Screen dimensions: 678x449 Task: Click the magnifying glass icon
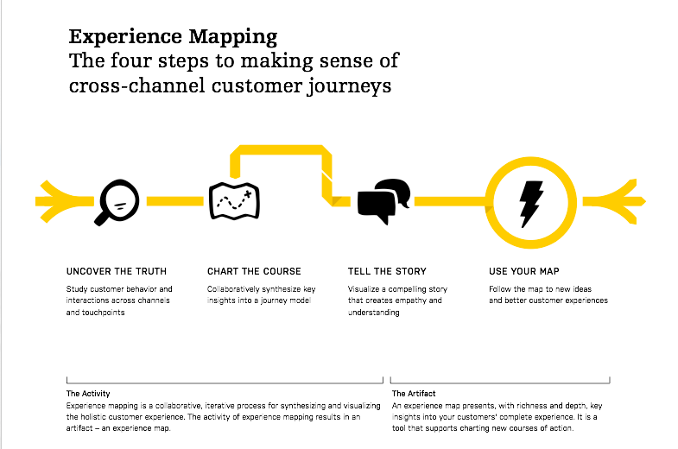click(x=117, y=202)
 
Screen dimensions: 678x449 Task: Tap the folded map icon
click(x=234, y=201)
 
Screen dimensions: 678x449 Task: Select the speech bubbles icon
click(x=383, y=201)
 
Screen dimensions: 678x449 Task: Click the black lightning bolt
click(x=530, y=204)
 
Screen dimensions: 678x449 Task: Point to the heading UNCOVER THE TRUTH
click(x=117, y=271)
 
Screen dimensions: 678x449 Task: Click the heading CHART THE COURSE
click(x=254, y=271)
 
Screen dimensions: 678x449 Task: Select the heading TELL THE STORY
click(x=387, y=271)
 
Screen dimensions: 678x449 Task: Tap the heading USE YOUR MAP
click(x=524, y=271)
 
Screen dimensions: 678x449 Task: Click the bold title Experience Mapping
click(x=173, y=38)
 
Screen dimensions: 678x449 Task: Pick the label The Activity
click(x=88, y=394)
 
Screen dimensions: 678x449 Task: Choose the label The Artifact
click(x=414, y=394)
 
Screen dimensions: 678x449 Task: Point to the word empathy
click(x=406, y=300)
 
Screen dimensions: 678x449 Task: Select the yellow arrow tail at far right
click(x=614, y=201)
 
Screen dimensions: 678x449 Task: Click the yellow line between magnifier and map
click(x=175, y=201)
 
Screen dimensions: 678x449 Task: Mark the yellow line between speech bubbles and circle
click(x=450, y=201)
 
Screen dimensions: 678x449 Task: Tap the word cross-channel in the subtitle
click(x=137, y=85)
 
